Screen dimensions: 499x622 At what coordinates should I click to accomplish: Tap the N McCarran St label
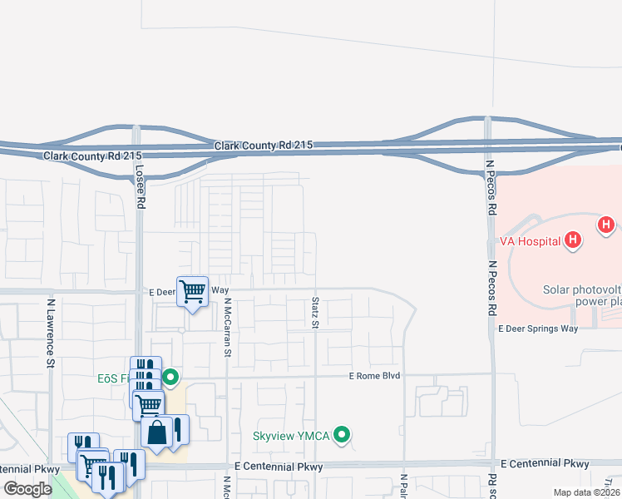[x=226, y=329]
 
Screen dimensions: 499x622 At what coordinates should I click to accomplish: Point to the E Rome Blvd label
[x=374, y=376]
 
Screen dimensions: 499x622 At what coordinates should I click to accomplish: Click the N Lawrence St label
[x=51, y=333]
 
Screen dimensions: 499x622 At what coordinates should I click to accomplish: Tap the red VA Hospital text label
[x=528, y=242]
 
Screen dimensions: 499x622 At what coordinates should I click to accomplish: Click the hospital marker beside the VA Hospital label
[x=571, y=241]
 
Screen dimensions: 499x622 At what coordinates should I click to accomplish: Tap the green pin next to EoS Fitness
[x=170, y=377]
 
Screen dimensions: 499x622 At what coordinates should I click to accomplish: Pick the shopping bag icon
[x=157, y=432]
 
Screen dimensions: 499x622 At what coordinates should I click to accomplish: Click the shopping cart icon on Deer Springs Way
[x=192, y=291]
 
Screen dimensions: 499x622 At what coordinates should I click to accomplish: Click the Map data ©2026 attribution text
[x=586, y=492]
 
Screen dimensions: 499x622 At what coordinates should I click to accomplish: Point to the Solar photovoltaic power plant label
[x=582, y=295]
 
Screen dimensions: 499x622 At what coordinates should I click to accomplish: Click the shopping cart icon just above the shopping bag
[x=148, y=405]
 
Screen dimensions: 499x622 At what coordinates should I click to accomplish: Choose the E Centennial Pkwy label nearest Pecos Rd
[x=545, y=463]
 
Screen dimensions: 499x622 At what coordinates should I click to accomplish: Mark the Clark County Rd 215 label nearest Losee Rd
[x=93, y=156]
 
